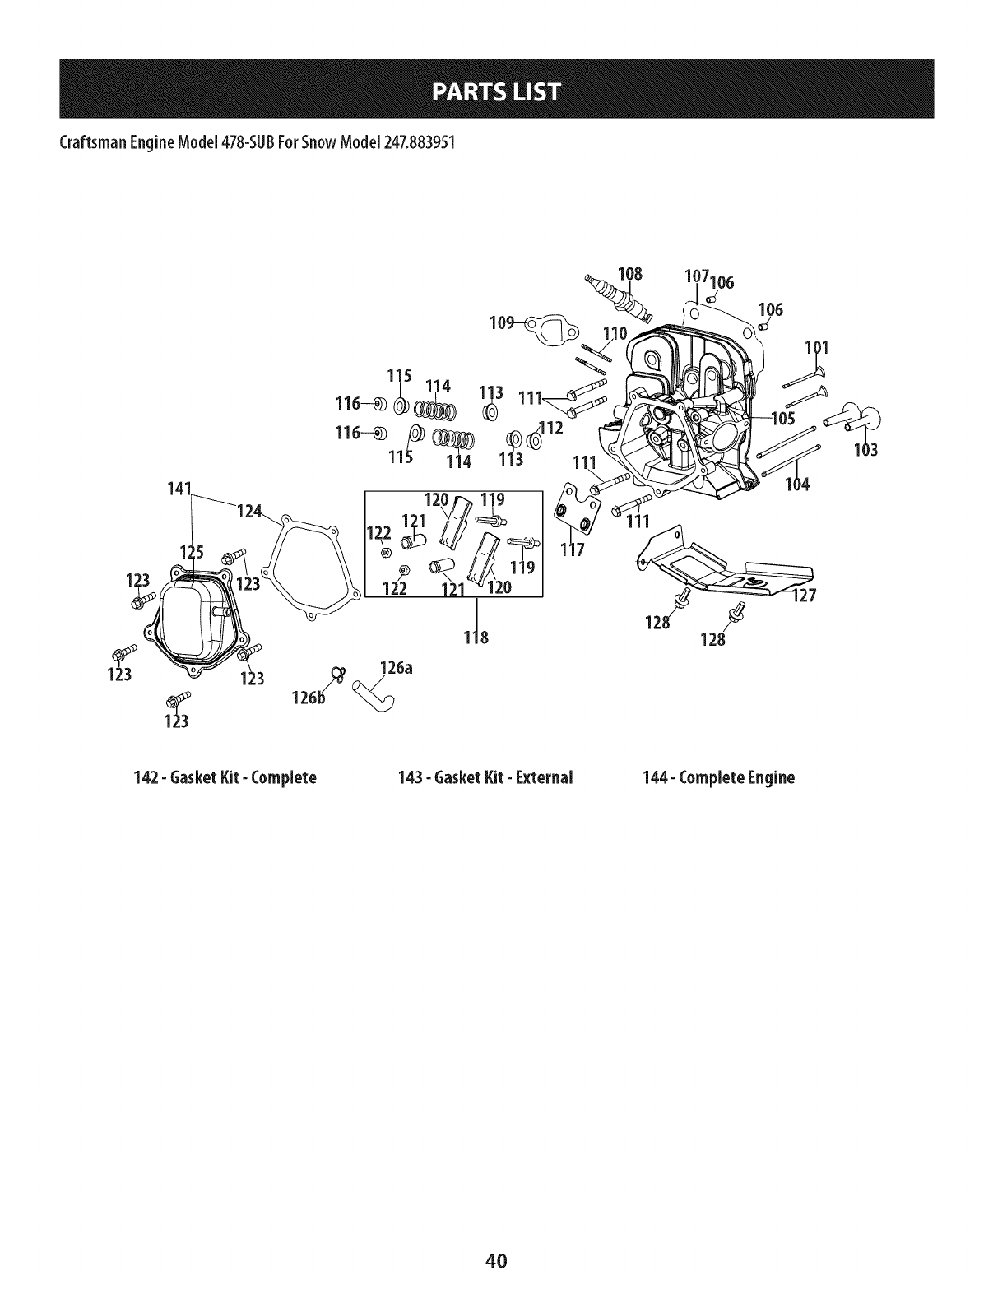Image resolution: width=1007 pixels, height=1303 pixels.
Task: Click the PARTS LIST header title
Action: (503, 90)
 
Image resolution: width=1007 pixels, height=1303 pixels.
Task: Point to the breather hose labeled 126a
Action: (373, 698)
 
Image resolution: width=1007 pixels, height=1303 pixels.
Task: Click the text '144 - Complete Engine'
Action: (720, 777)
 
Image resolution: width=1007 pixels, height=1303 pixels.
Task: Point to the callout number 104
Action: (797, 484)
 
